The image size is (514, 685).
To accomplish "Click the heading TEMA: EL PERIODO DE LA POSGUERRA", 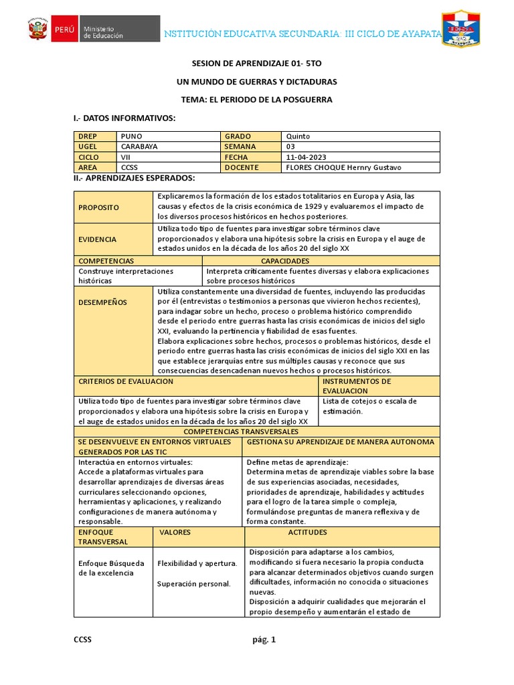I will click(x=256, y=100).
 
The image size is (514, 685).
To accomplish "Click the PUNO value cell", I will click(x=170, y=136).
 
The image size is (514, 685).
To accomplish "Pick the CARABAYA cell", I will click(x=170, y=146).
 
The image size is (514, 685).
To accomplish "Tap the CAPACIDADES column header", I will click(x=285, y=261).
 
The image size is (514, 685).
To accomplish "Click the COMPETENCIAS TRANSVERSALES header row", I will click(x=256, y=432).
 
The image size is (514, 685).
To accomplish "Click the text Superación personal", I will click(x=194, y=584).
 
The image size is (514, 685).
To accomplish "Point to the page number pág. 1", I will click(x=264, y=640).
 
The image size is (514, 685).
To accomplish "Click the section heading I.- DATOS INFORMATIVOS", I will click(x=124, y=118).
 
